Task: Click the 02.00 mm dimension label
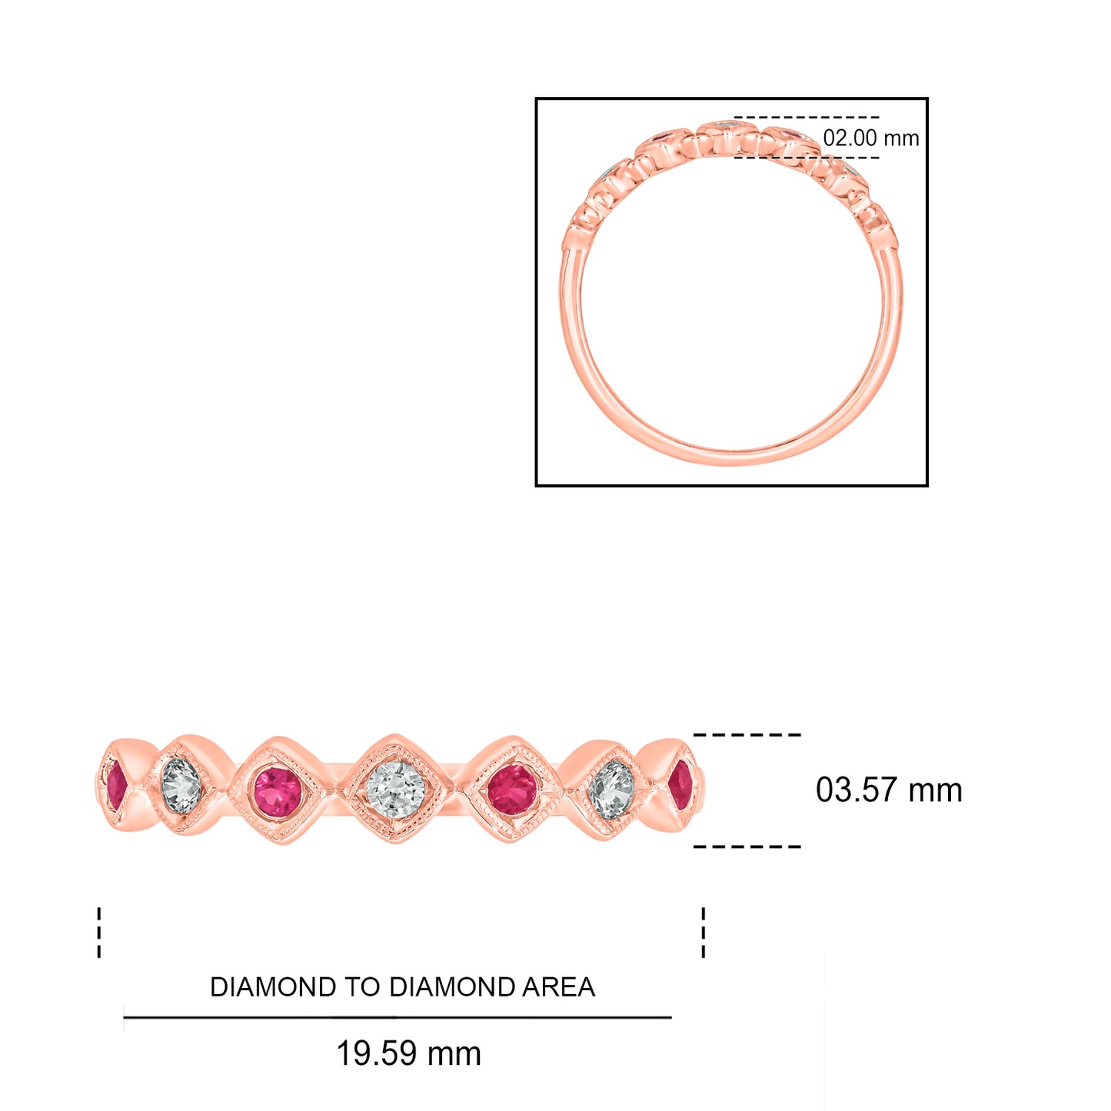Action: coord(870,138)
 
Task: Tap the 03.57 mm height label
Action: coord(889,790)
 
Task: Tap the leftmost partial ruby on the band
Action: coord(116,786)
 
